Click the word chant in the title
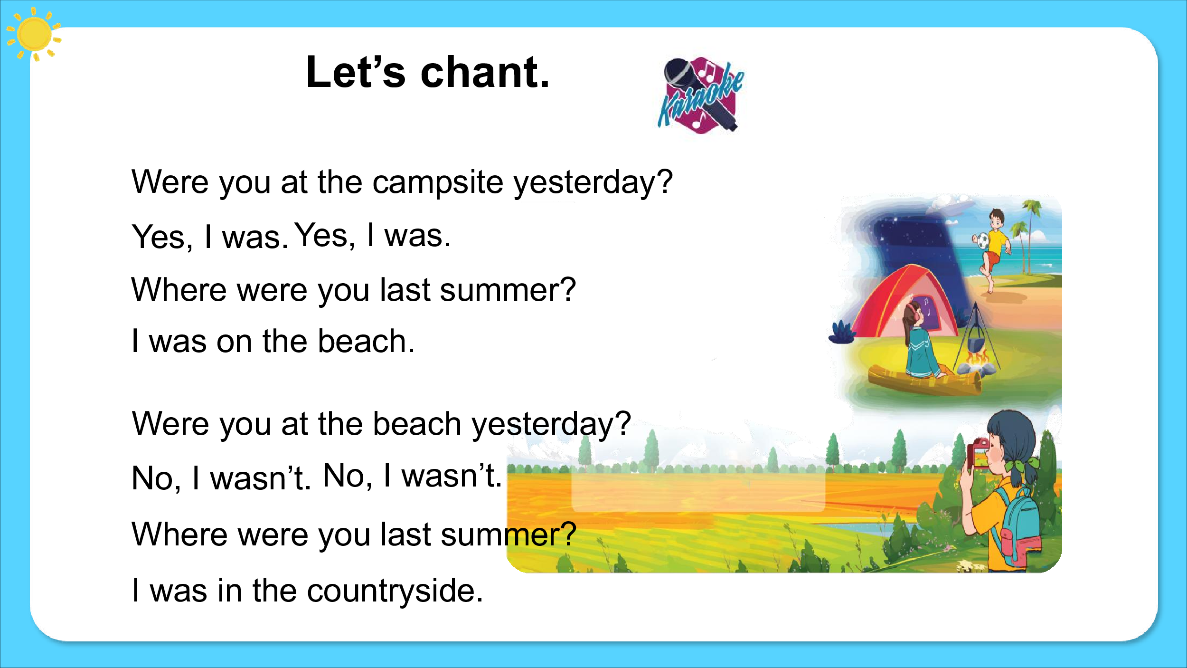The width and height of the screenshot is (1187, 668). (485, 72)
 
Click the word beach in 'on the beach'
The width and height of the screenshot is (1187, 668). (366, 341)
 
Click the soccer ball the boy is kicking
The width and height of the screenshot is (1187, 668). (981, 241)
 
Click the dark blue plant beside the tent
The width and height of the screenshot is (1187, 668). (842, 332)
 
